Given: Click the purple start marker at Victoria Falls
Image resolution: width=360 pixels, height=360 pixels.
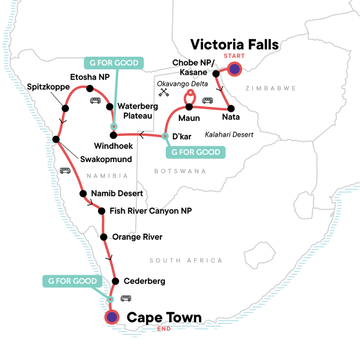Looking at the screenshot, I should pyautogui.click(x=234, y=69).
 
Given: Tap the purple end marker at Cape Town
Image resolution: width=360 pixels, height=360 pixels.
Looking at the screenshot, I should pyautogui.click(x=111, y=317).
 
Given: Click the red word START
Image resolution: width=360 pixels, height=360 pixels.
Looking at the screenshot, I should pyautogui.click(x=234, y=56).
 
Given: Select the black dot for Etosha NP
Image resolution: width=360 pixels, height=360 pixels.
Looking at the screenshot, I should pyautogui.click(x=90, y=88).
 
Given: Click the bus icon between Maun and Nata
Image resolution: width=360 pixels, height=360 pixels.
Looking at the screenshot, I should pyautogui.click(x=208, y=101).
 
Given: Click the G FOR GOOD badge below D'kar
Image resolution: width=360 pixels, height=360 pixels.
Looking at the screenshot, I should pyautogui.click(x=195, y=152).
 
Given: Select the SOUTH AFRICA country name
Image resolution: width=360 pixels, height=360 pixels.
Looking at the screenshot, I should pyautogui.click(x=186, y=260).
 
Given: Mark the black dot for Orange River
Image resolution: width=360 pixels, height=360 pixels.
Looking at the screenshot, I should pyautogui.click(x=104, y=237).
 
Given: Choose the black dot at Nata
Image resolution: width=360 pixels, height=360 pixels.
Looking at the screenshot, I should pyautogui.click(x=231, y=108).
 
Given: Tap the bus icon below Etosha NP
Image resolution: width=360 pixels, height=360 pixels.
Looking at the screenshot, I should pyautogui.click(x=95, y=101).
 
